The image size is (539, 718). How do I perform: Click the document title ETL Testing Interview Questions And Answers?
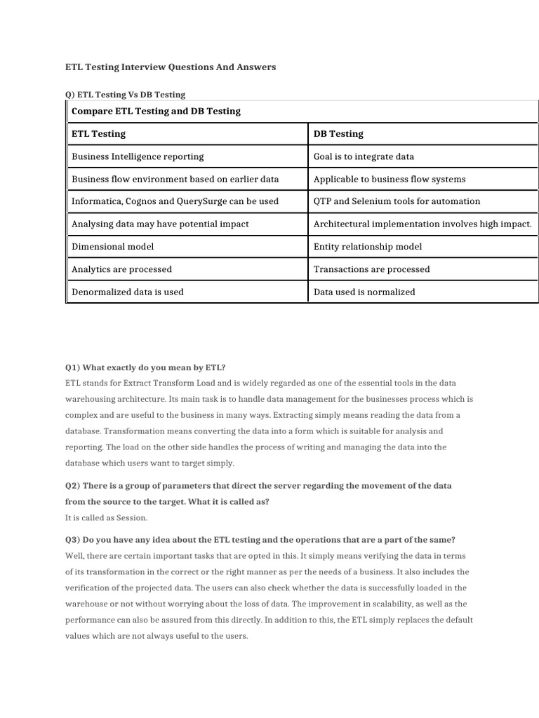(171, 67)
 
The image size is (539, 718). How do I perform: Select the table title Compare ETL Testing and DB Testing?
(156, 111)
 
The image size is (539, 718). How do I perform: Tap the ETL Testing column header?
(98, 133)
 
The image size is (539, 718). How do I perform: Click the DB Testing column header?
(338, 133)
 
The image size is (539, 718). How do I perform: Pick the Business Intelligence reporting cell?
(138, 156)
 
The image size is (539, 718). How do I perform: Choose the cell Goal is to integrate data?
(364, 156)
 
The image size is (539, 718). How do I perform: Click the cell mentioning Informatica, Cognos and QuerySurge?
(175, 201)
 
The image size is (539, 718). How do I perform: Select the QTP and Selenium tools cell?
(397, 201)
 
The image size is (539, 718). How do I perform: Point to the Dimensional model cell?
(112, 247)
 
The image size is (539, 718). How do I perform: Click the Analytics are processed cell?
(121, 269)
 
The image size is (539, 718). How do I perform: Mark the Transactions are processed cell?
(371, 269)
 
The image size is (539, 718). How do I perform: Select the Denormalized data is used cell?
(127, 292)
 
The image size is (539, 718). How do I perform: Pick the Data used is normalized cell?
(364, 292)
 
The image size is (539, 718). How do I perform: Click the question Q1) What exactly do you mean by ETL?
(145, 367)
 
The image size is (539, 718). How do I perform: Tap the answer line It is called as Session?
(106, 517)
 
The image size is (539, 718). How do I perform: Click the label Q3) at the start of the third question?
(72, 540)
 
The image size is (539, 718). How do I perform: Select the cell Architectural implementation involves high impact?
(422, 224)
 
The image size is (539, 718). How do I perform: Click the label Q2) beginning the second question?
(72, 486)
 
